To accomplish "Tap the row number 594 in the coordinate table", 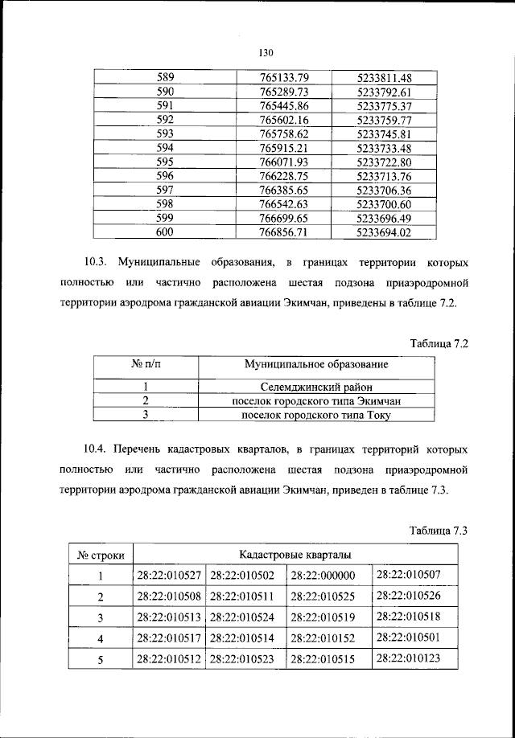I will pyautogui.click(x=165, y=148).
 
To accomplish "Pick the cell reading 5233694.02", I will pyautogui.click(x=384, y=233).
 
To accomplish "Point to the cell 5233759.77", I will pyautogui.click(x=384, y=120).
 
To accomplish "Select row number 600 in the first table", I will pyautogui.click(x=165, y=233).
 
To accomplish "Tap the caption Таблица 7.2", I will pyautogui.click(x=439, y=343).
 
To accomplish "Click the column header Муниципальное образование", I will pyautogui.click(x=316, y=366).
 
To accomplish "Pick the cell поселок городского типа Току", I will pyautogui.click(x=316, y=415).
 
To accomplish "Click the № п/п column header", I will pyautogui.click(x=146, y=366).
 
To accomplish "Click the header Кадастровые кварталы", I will pyautogui.click(x=294, y=555).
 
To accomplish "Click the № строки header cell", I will pyautogui.click(x=100, y=555).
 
